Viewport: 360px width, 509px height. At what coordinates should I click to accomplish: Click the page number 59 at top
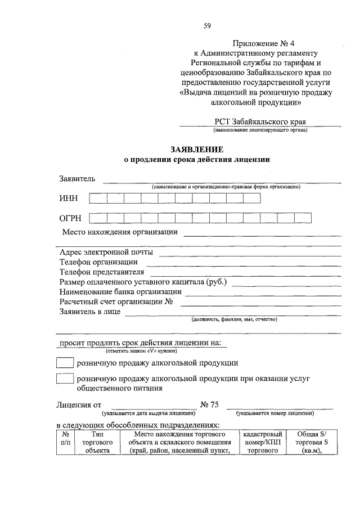[207, 25]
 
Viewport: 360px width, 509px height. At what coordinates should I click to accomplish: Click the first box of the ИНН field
[98, 198]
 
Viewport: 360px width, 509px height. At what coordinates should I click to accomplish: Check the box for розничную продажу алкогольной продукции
[65, 363]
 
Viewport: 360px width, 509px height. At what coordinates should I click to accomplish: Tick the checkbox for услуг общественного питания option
[65, 380]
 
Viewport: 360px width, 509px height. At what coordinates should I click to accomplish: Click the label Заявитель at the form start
[77, 179]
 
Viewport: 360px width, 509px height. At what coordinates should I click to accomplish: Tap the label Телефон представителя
[102, 272]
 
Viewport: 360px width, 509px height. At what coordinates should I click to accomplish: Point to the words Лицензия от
[79, 404]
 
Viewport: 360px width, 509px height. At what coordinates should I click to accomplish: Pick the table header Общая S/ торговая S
[310, 443]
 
